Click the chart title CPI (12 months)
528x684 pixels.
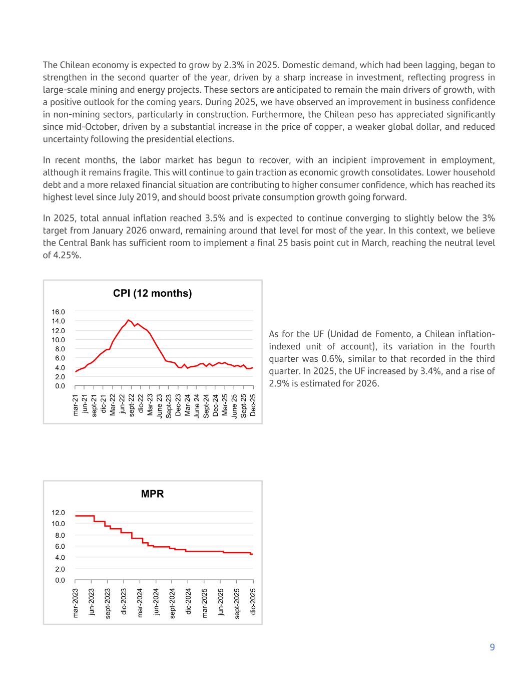coord(152,294)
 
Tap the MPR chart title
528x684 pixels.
coord(152,494)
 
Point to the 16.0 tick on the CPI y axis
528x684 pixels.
coord(59,312)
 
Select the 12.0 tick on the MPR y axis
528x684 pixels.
coord(59,513)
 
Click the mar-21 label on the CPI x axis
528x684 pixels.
coord(76,405)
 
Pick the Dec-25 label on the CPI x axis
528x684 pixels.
coord(253,405)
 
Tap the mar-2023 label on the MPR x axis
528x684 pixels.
coord(76,603)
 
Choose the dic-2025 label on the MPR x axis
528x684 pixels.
coord(253,601)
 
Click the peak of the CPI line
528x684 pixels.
coord(129,320)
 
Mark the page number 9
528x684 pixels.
coord(492,647)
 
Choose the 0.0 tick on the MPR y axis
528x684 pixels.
coord(60,580)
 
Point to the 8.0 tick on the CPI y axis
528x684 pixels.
coord(60,349)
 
